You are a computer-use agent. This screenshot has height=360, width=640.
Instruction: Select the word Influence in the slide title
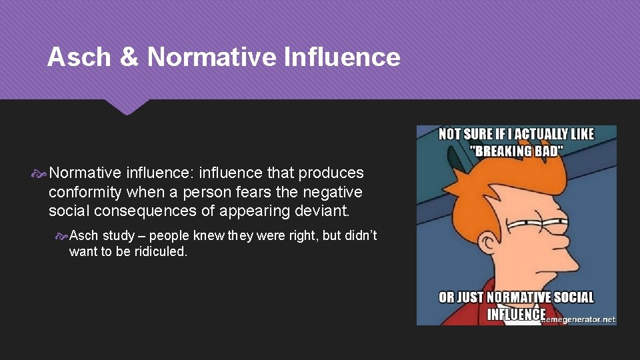pyautogui.click(x=341, y=57)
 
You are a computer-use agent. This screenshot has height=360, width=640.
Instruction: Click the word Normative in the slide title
pyautogui.click(x=211, y=57)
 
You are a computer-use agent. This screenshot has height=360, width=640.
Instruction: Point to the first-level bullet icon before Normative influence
pyautogui.click(x=39, y=173)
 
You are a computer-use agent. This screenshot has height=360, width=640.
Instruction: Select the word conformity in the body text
pyautogui.click(x=87, y=192)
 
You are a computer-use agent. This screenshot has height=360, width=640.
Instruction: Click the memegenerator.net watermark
pyautogui.click(x=579, y=319)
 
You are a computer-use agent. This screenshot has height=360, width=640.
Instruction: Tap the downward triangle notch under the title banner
pyautogui.click(x=126, y=107)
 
